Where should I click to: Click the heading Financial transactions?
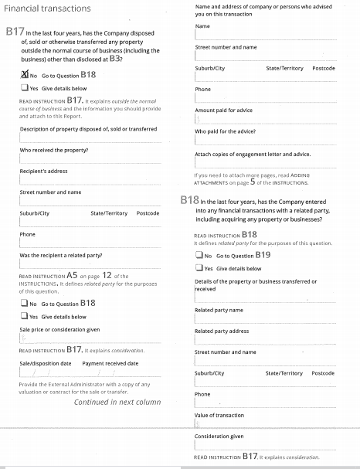pos(48,8)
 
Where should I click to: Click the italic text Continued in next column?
pos(117,402)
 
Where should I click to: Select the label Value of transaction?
pos(221,416)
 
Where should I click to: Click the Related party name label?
pos(219,310)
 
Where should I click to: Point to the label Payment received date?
pos(110,363)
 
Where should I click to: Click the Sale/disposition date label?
pos(45,363)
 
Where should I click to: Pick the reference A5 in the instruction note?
pos(72,274)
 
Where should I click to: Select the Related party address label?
pos(222,331)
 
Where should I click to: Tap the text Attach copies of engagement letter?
pos(247,155)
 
